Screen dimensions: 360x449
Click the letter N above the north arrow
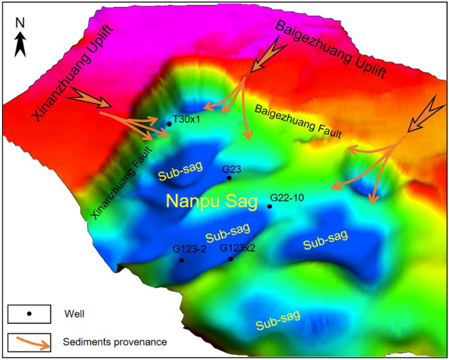pos(20,22)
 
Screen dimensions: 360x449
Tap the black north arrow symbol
pos(20,44)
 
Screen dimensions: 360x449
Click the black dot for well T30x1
pos(169,124)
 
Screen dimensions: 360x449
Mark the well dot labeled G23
pos(229,178)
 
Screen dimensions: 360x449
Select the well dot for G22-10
pos(269,207)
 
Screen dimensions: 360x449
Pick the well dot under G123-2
pos(182,260)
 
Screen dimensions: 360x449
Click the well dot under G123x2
pos(231,259)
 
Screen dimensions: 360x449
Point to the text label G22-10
pos(288,197)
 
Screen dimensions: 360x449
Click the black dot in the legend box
pos(29,313)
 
